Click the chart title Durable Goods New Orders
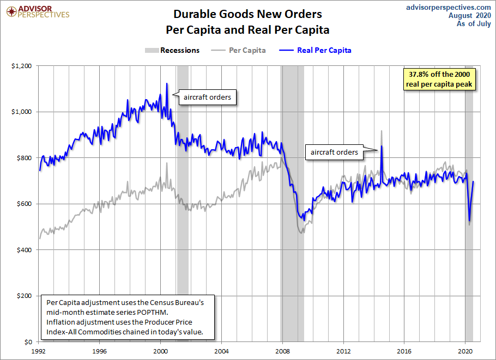tap(247, 14)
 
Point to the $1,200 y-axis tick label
tap(21, 66)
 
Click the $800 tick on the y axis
tap(24, 158)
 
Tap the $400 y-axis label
tap(24, 250)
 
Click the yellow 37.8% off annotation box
tap(439, 79)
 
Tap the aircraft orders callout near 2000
tap(207, 97)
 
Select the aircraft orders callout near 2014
tap(334, 152)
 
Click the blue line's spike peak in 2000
tap(166, 83)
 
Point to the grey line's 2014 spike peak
tap(382, 131)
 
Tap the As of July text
tap(471, 24)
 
